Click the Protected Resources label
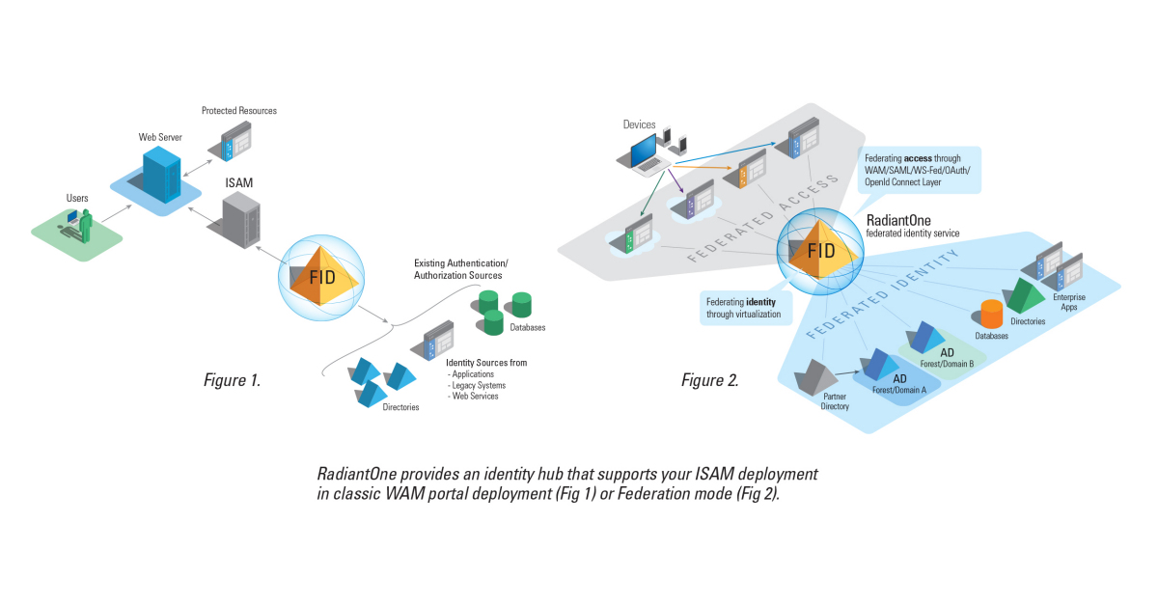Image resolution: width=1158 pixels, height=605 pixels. tap(238, 111)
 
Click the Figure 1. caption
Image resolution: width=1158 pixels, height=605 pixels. tap(232, 380)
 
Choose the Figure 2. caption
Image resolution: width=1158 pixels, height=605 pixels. tap(710, 380)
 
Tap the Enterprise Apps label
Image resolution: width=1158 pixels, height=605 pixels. tap(1069, 302)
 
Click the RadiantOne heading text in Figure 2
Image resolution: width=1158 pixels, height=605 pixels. tap(898, 220)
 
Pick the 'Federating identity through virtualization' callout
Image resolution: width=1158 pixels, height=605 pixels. tap(743, 308)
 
